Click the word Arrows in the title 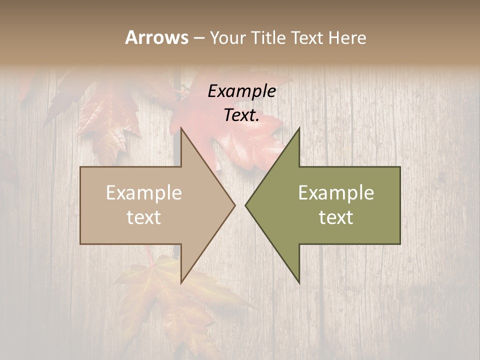(x=156, y=37)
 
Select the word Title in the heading (x=267, y=38)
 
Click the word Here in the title (x=347, y=38)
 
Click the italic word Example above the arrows (x=241, y=91)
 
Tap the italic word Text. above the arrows (x=241, y=115)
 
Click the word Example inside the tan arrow (x=144, y=192)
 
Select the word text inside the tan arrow (x=144, y=217)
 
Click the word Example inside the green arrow (x=336, y=192)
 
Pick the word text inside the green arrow (x=336, y=217)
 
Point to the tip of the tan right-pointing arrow (x=234, y=205)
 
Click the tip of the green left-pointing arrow (x=245, y=205)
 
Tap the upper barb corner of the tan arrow (x=181, y=128)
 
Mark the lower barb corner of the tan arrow (x=181, y=282)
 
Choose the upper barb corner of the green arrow (x=299, y=128)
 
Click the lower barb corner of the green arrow (x=299, y=282)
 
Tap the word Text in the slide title (x=310, y=38)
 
